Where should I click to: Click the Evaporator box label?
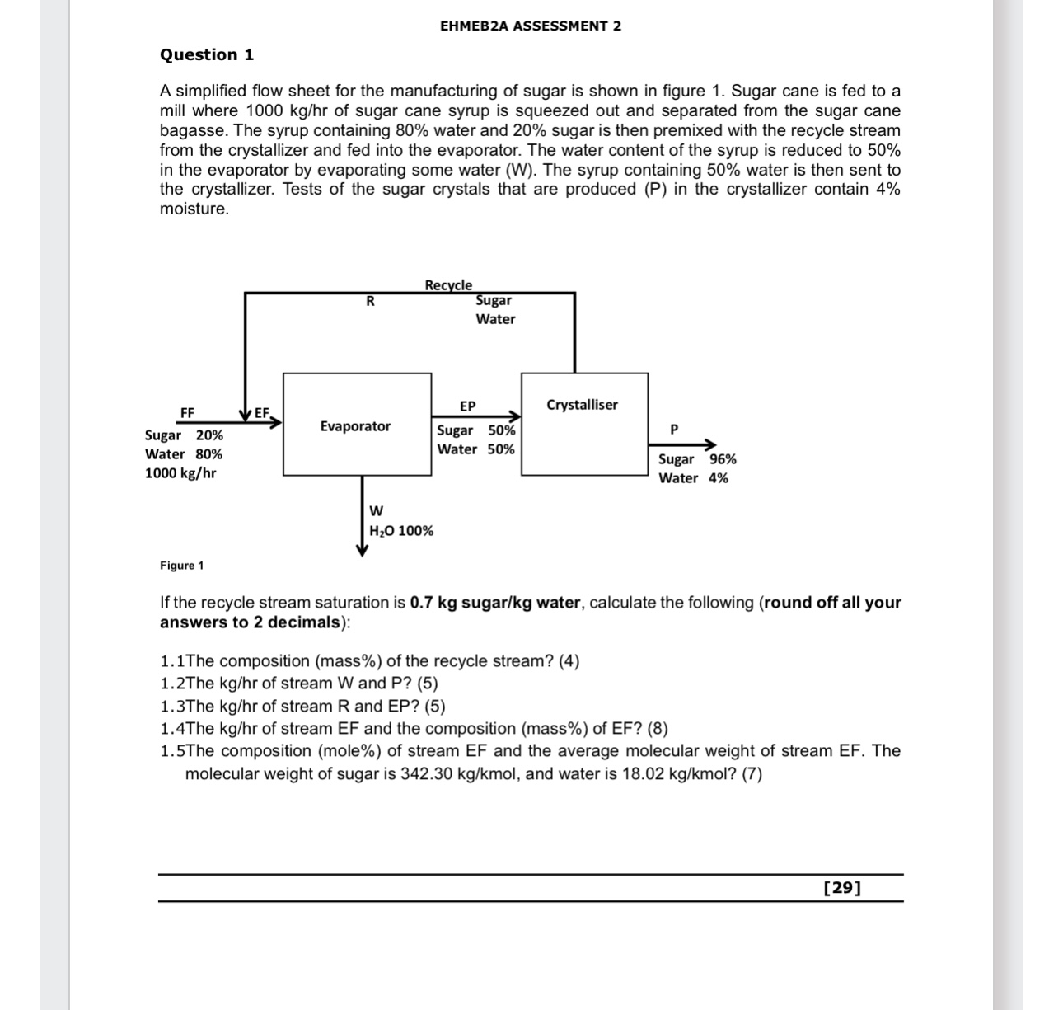[x=355, y=426]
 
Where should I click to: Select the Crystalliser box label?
[x=582, y=405]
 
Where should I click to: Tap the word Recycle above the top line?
[x=448, y=285]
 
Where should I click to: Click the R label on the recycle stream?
[x=370, y=302]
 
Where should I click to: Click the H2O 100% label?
[x=401, y=531]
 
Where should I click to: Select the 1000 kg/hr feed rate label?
[x=180, y=473]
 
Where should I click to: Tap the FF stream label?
[x=187, y=412]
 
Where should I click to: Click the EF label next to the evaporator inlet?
[x=262, y=412]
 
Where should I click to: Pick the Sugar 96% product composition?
[x=697, y=459]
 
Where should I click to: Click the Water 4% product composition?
[x=693, y=478]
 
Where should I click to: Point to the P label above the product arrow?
[x=674, y=430]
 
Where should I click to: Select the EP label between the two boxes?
[x=467, y=406]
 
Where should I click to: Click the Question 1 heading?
[x=207, y=55]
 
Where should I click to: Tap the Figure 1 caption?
[x=181, y=566]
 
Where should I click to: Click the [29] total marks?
[x=842, y=888]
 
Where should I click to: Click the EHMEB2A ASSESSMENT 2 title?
[x=531, y=26]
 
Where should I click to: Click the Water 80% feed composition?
[x=183, y=454]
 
